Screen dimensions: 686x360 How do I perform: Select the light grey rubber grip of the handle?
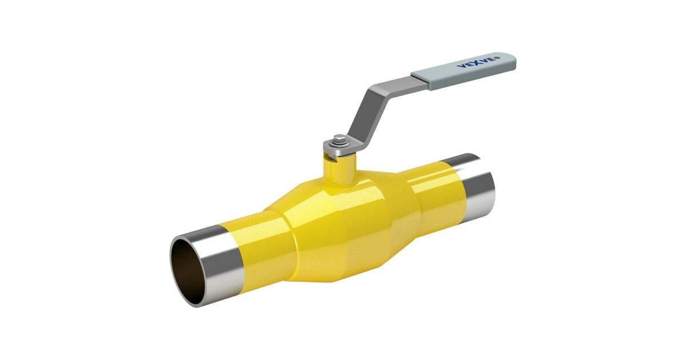[464, 71]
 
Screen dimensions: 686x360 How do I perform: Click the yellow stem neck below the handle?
[340, 170]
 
